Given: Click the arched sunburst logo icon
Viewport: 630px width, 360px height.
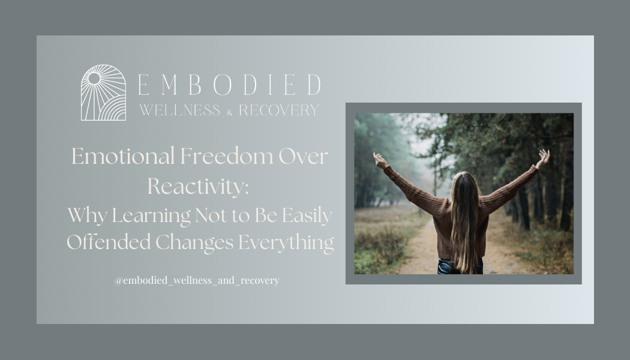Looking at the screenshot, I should tap(103, 93).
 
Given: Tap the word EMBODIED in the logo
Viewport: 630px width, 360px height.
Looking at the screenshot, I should tap(229, 85).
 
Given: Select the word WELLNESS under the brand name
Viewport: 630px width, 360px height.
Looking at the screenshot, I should tap(179, 110).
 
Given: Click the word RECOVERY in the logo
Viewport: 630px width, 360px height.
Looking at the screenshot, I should tap(279, 110).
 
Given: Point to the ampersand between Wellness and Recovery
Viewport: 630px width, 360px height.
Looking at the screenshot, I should tap(229, 112).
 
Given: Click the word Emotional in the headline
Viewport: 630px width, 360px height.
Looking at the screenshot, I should tap(123, 157).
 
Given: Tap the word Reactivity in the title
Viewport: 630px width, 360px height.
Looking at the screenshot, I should tap(197, 186).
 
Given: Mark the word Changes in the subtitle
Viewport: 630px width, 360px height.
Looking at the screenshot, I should tap(195, 242).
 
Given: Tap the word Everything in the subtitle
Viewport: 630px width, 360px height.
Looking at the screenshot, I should tap(286, 242).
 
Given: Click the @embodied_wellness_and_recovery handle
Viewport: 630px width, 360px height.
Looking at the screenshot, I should tap(197, 280).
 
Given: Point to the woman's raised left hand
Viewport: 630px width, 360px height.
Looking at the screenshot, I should tap(379, 160).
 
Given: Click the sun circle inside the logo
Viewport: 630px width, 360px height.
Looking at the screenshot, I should tap(94, 78).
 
